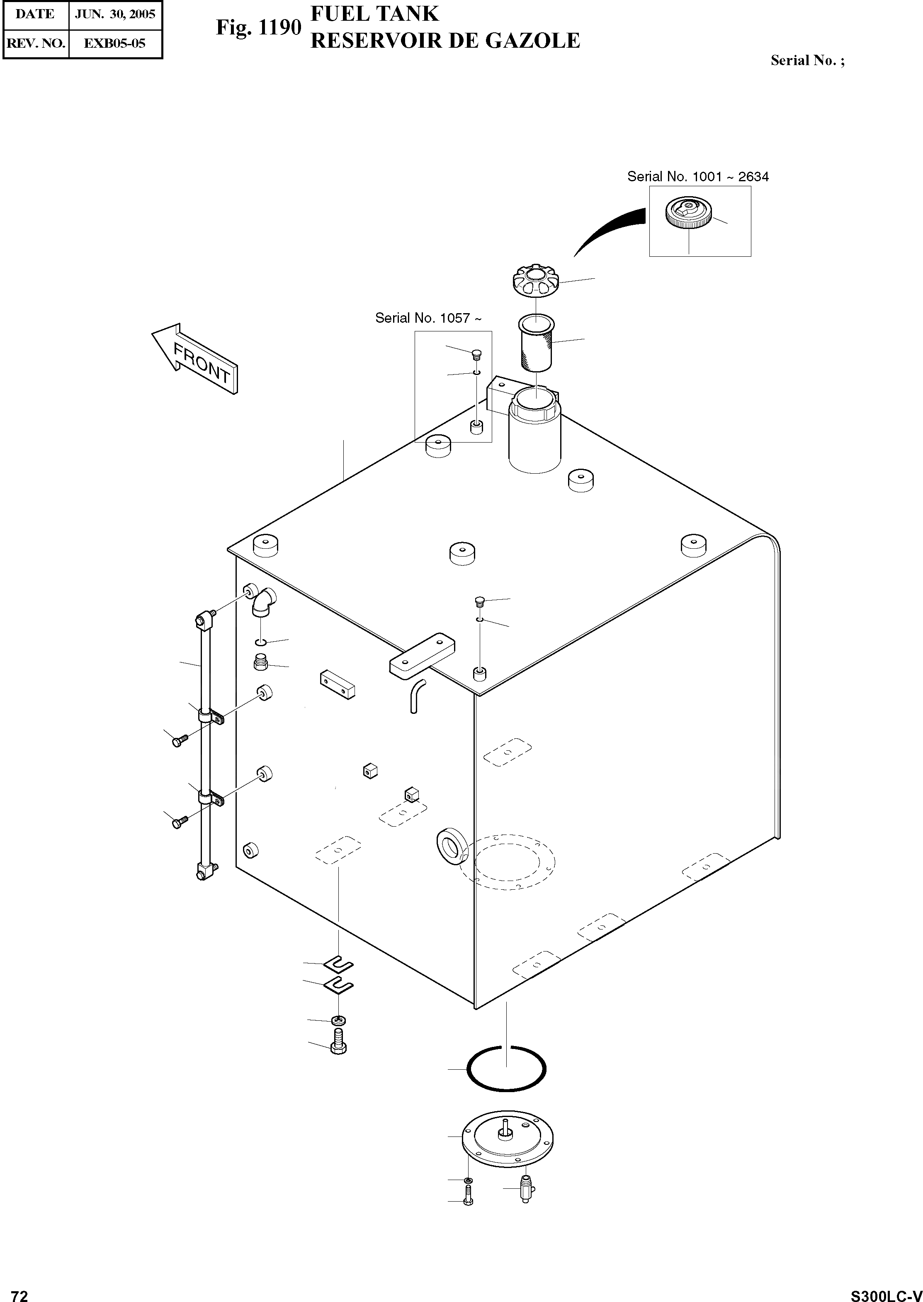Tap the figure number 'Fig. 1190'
tap(257, 27)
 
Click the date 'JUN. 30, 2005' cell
tap(115, 14)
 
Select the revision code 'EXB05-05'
tap(115, 43)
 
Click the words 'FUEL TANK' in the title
tap(374, 14)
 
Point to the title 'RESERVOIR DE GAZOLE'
tap(445, 41)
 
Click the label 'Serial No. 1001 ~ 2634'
tap(697, 177)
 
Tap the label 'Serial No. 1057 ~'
tap(428, 319)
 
